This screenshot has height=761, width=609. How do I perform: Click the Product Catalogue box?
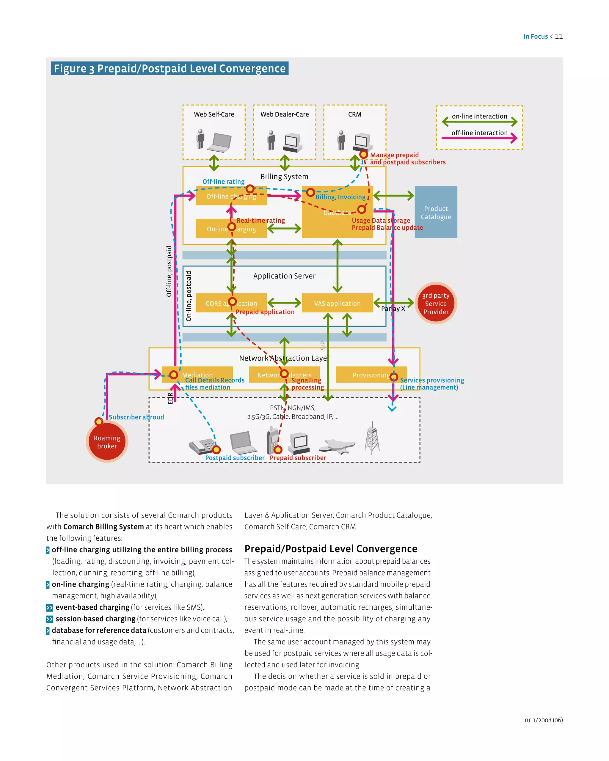click(436, 212)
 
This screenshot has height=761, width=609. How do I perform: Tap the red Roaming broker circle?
click(107, 442)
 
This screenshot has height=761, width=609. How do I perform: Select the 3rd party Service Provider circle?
click(436, 304)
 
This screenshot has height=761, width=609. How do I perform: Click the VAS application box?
click(337, 303)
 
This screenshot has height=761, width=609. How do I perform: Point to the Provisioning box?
click(371, 375)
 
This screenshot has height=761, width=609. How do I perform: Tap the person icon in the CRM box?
click(341, 140)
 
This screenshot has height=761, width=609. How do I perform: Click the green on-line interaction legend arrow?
click(479, 122)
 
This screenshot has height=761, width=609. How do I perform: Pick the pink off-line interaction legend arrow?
click(479, 138)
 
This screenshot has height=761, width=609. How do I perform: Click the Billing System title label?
click(284, 177)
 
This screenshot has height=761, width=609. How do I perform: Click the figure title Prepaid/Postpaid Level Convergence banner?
click(169, 68)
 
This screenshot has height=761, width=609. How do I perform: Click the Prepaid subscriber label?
click(298, 458)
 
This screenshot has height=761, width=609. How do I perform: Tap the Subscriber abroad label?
click(136, 417)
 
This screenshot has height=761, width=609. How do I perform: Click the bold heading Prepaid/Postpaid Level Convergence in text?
click(331, 549)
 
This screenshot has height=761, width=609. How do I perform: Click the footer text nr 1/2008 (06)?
click(543, 720)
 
